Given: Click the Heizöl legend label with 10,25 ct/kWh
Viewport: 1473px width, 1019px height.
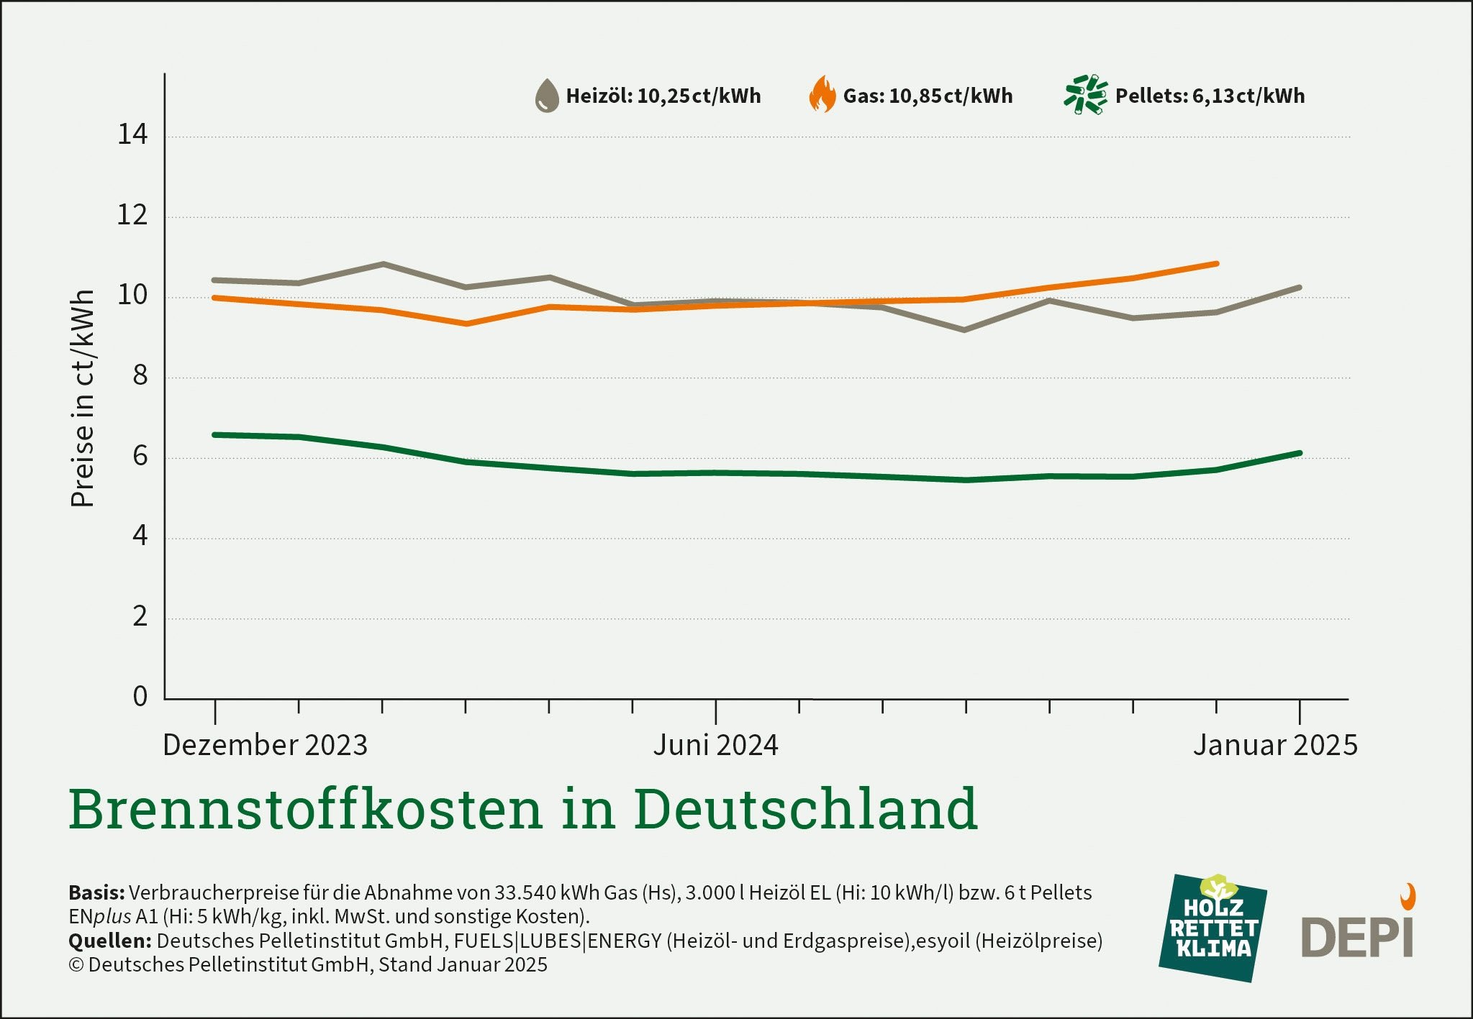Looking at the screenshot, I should [x=663, y=96].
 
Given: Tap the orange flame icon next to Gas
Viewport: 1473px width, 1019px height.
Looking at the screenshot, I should [x=822, y=95].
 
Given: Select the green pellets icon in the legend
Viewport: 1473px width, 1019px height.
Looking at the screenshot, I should [x=1085, y=94].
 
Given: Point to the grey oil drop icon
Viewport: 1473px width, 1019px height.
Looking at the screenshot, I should [x=547, y=96].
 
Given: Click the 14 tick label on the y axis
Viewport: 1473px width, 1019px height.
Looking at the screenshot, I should [x=132, y=134].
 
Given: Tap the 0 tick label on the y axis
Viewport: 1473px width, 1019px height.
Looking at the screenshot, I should [x=140, y=696].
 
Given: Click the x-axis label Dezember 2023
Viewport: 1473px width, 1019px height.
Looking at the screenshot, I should [x=265, y=745].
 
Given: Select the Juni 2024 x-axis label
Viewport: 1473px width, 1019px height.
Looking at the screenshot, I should [x=715, y=745].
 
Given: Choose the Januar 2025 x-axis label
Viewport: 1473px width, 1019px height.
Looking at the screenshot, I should [x=1275, y=745].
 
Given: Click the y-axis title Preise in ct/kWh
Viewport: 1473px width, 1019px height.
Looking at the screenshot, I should [x=83, y=398].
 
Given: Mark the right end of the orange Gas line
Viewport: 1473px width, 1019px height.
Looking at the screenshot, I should [x=1216, y=264].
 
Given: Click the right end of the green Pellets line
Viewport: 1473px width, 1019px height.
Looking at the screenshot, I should [x=1300, y=453].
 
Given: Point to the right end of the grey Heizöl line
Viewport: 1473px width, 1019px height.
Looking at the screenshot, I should [x=1300, y=288].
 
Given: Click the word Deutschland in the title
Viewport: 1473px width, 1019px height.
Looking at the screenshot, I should [x=806, y=809].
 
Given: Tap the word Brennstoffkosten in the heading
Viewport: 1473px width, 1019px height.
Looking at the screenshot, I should [x=305, y=809].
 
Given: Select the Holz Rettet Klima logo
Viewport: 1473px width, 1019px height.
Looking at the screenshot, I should [x=1213, y=928].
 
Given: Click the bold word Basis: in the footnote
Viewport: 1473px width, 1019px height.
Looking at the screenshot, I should [x=96, y=893].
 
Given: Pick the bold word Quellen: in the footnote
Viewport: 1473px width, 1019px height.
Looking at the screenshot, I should [x=109, y=941].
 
